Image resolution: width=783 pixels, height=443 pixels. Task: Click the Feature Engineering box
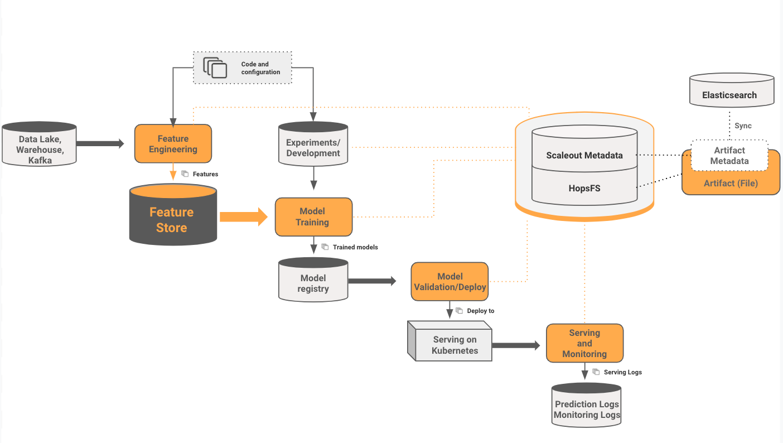click(x=173, y=144)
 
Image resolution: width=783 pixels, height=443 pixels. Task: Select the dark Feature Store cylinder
click(x=172, y=218)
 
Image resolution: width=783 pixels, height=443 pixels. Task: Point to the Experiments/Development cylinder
click(x=313, y=146)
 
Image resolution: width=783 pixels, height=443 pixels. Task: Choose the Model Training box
click(x=313, y=216)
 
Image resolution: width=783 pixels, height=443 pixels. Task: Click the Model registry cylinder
click(x=313, y=282)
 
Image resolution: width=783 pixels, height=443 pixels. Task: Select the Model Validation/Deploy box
click(x=449, y=282)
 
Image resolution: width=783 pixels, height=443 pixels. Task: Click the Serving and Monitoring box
click(x=584, y=343)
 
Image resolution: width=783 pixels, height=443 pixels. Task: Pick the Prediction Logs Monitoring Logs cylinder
click(x=586, y=407)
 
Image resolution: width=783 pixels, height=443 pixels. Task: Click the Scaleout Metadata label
click(x=584, y=155)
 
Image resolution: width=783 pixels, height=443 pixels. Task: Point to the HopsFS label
click(x=584, y=188)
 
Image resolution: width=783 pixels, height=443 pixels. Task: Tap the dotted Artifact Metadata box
click(x=729, y=156)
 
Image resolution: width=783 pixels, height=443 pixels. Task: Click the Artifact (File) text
click(x=730, y=183)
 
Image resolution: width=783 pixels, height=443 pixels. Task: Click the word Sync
click(x=742, y=126)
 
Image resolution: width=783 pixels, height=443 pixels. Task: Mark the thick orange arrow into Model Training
click(x=243, y=216)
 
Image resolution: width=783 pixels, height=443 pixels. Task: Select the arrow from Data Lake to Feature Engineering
click(x=100, y=144)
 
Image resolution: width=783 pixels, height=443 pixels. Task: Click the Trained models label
click(x=355, y=247)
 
